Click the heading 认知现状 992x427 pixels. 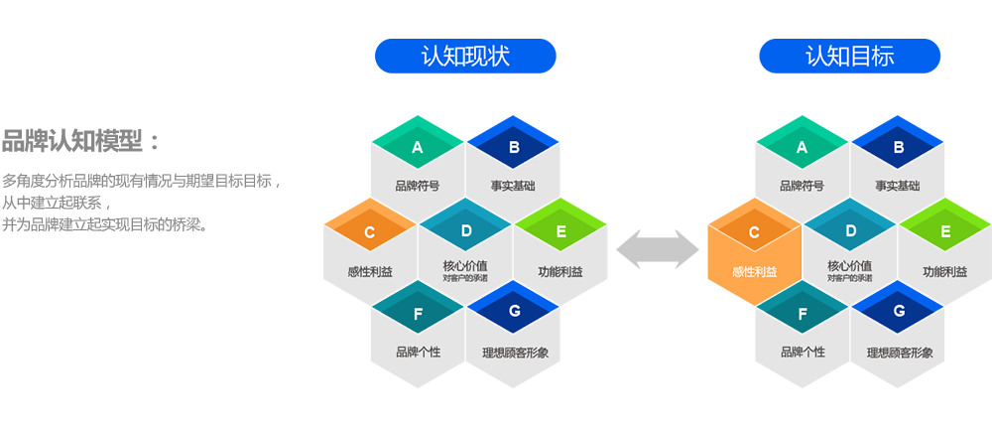(465, 57)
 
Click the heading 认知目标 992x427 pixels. (849, 57)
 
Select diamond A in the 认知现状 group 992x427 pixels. (418, 148)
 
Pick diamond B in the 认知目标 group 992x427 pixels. (899, 148)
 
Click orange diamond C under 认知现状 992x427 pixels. (369, 232)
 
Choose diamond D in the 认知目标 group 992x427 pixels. (850, 231)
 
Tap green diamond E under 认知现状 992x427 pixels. (560, 232)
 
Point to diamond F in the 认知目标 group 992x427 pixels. (803, 313)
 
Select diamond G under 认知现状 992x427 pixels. (514, 312)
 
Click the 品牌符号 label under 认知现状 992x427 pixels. (418, 186)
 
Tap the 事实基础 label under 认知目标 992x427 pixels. (898, 186)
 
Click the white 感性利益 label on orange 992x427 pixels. (754, 272)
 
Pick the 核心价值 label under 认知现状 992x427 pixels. (464, 266)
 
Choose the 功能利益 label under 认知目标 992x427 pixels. (944, 272)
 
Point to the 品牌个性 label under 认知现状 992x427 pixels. (418, 352)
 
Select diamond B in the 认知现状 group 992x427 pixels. (514, 148)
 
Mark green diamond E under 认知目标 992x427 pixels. (944, 232)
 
